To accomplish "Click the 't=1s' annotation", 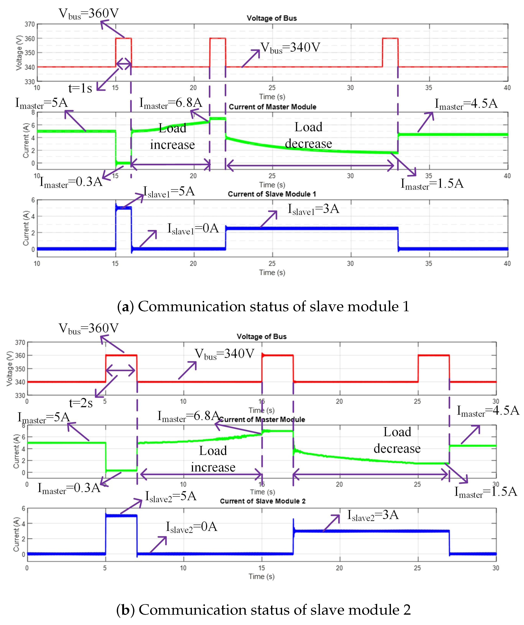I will (80, 88).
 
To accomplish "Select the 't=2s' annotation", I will (81, 403).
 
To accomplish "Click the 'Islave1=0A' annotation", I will (193, 229).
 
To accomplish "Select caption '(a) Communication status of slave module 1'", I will (263, 307).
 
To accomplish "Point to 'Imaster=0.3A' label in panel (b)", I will (69, 488).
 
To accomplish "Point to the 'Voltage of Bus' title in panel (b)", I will (262, 337).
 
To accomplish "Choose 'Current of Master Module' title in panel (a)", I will (272, 107).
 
